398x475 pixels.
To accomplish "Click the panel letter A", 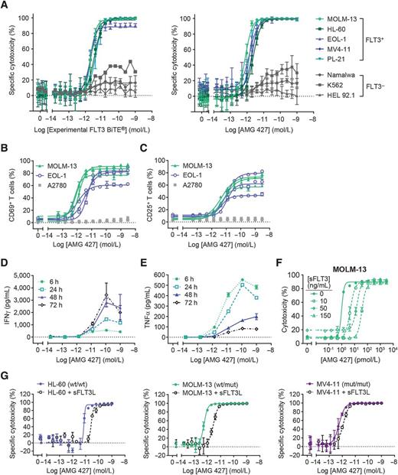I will coord(5,5).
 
